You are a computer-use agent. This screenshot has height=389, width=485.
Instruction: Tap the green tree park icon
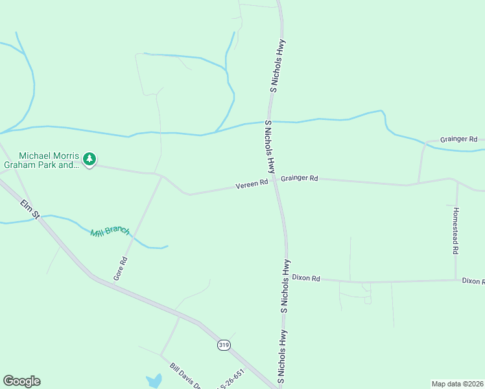[x=89, y=159]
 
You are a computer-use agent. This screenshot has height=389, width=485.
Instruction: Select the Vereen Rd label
[x=252, y=185]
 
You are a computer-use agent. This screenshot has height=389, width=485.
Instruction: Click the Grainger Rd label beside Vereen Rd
[x=300, y=178]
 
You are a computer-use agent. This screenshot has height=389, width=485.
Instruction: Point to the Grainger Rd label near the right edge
[x=458, y=139]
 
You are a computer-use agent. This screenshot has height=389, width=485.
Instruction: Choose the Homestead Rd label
[x=456, y=230]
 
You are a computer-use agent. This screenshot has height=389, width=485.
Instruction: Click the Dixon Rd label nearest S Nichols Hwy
[x=306, y=278]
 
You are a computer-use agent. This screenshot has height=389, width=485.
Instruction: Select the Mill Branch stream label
[x=110, y=231]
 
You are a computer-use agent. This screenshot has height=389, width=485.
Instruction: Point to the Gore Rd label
[x=120, y=268]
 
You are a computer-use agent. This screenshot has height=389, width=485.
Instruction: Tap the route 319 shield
[x=224, y=346]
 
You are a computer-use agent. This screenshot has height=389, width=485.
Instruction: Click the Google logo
[x=21, y=381]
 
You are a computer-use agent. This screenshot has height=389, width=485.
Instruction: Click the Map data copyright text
[x=457, y=383]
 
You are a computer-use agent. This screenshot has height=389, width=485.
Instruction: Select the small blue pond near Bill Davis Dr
[x=154, y=381]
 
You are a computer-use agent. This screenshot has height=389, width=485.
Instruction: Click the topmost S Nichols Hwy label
[x=277, y=66]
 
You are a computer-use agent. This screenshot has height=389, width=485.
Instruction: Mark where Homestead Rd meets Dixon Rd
[x=456, y=280]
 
